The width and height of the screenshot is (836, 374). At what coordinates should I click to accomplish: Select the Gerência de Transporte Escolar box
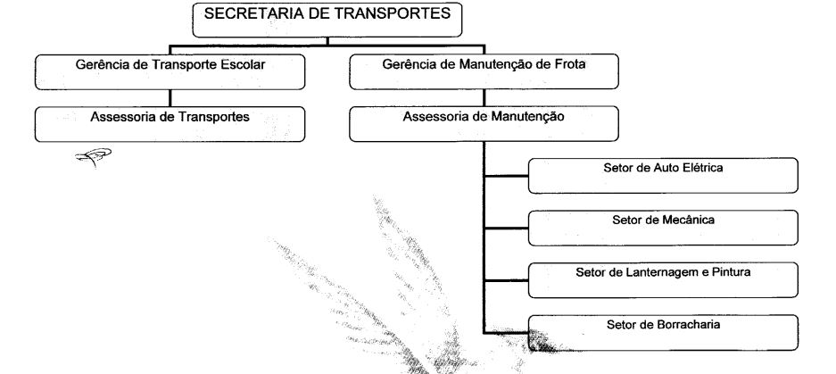[x=170, y=72]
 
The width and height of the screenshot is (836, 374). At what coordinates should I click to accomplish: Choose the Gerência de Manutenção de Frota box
[x=484, y=72]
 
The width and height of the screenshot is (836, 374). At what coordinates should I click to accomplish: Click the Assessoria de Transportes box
[x=170, y=124]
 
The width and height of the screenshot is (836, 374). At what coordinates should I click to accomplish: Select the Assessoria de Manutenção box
[x=484, y=124]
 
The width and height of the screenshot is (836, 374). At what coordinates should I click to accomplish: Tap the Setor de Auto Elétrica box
[x=663, y=176]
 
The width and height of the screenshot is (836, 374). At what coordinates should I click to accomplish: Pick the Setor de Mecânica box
[x=663, y=228]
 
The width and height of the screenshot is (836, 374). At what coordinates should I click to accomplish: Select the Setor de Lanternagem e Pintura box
[x=663, y=280]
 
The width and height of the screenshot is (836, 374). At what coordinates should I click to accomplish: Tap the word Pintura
[x=732, y=272]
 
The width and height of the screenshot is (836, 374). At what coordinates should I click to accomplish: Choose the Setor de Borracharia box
[x=663, y=332]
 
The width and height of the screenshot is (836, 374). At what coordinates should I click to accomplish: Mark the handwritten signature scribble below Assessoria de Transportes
[x=94, y=157]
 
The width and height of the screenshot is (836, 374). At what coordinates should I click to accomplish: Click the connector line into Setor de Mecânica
[x=506, y=229]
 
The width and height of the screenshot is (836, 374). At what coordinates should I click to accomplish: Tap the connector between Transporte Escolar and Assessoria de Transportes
[x=170, y=98]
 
